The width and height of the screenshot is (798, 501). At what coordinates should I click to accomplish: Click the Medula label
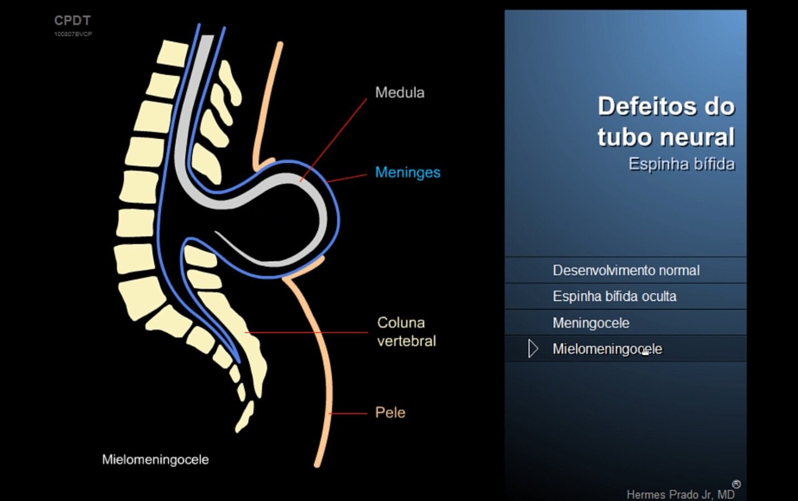(400, 93)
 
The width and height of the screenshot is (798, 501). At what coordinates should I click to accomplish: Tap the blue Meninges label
(408, 172)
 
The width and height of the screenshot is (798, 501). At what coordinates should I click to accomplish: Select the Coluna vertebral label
(406, 332)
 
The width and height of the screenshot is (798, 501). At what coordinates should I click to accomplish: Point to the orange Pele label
(391, 412)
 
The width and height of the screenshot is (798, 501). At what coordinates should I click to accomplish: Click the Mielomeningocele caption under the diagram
(155, 460)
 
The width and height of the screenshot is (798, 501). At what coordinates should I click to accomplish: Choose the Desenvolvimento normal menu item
(626, 270)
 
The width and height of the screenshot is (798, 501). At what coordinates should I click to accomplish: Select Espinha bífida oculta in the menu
(615, 296)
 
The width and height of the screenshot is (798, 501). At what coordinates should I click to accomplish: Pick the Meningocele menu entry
(591, 323)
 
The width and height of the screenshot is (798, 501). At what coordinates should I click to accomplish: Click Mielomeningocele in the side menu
(607, 349)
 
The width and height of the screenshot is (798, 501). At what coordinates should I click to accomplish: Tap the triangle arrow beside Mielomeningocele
(533, 348)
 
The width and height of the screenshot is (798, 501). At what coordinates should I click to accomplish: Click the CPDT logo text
(72, 21)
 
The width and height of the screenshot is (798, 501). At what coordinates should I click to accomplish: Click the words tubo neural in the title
(666, 137)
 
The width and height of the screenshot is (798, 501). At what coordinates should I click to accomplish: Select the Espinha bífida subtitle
(682, 164)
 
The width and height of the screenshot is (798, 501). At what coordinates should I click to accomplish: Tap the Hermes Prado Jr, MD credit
(680, 494)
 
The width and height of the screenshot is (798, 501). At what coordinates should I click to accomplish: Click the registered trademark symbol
(736, 484)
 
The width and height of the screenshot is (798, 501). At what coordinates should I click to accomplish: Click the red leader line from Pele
(348, 414)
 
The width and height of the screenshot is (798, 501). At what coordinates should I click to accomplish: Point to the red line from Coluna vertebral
(306, 333)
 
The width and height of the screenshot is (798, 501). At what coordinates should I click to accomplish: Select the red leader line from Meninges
(347, 178)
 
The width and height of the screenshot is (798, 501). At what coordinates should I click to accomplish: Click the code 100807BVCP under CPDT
(73, 34)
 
